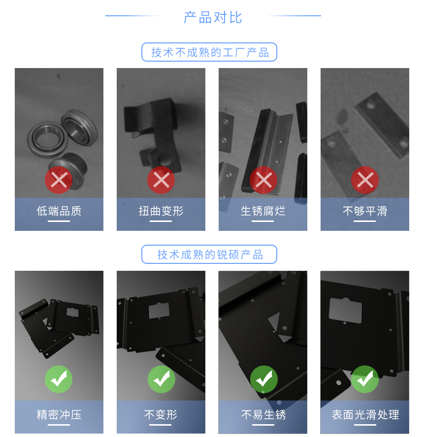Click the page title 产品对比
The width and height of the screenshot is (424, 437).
pos(213,17)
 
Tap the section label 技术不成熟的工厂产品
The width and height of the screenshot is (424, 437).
pos(209,52)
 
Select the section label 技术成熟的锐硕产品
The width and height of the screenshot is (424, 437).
pos(209,255)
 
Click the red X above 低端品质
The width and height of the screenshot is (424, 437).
pos(59,181)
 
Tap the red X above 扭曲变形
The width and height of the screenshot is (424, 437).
pos(161,181)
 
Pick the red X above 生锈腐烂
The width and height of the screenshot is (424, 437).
pos(263,181)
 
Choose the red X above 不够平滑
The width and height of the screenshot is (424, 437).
pos(365,181)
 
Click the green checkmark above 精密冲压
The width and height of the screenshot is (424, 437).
pos(59,379)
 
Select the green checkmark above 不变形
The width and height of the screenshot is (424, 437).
pos(161,379)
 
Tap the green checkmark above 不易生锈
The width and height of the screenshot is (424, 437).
pos(263,379)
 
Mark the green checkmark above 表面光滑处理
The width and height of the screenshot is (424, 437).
pos(365,379)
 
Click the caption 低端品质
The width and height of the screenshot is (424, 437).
pos(59,212)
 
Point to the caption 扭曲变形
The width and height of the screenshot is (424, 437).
pos(161,212)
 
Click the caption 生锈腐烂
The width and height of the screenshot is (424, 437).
pos(263,212)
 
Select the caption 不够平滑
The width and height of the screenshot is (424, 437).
pos(365,212)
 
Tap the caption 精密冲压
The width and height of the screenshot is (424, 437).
pos(59,415)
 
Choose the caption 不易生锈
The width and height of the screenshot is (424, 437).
pos(263,415)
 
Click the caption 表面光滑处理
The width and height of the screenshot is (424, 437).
pos(365,415)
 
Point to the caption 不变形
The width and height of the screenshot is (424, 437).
pos(161,415)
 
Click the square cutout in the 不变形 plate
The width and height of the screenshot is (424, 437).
pos(159,310)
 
